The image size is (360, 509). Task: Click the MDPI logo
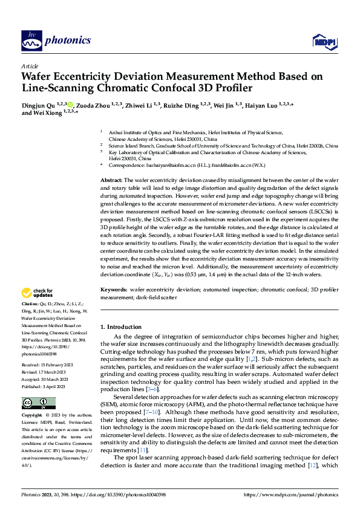click(x=323, y=41)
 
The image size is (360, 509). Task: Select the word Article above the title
click(x=30, y=66)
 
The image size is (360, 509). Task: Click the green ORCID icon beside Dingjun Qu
click(x=71, y=104)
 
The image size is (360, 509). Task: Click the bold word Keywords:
click(x=113, y=290)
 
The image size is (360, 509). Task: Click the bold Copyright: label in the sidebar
click(x=32, y=400)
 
